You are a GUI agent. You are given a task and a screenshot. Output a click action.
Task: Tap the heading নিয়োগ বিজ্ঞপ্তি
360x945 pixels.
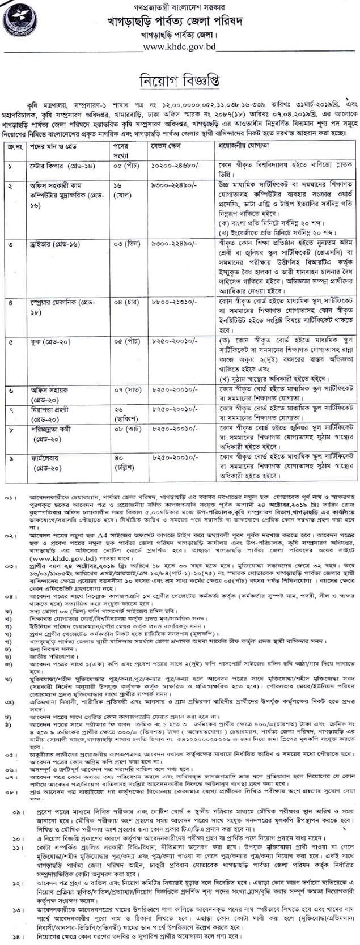pyautogui.click(x=179, y=78)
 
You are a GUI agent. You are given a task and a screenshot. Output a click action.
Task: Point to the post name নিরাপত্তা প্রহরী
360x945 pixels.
pyautogui.click(x=50, y=409)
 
